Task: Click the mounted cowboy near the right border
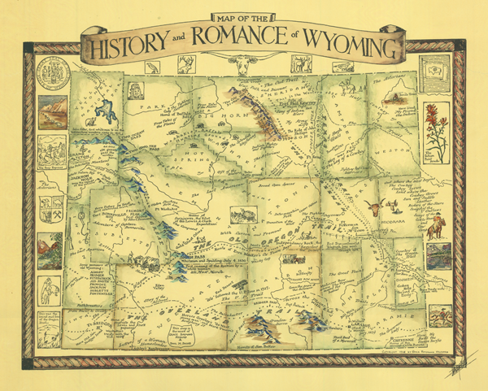(x=436, y=228)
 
